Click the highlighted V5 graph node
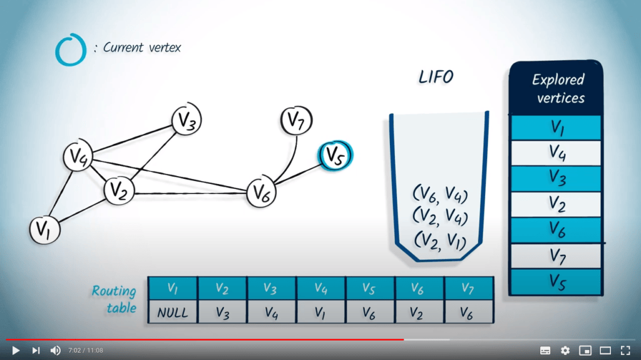point(336,155)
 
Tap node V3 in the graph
point(187,120)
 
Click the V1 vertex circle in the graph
point(44,230)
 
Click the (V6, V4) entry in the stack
point(440,195)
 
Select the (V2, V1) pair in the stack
point(439,240)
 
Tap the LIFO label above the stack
point(436,77)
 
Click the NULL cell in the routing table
point(172,311)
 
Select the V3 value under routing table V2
point(222,311)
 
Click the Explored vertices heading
point(557,88)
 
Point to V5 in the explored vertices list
point(556,281)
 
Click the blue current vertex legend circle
point(71,49)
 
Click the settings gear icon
point(565,351)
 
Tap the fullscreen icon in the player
point(625,351)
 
